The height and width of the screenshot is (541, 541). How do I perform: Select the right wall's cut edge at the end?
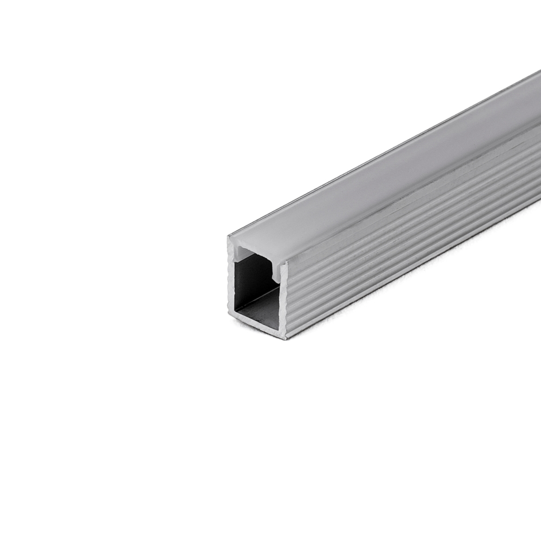point(283,303)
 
